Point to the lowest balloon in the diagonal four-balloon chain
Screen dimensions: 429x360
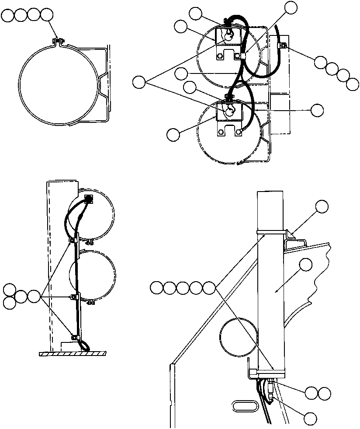point(352,84)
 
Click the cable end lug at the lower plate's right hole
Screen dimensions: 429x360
point(238,131)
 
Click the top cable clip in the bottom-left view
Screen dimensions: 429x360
point(73,240)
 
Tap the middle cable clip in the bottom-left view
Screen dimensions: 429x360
point(73,297)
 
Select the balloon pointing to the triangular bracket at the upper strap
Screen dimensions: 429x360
point(322,206)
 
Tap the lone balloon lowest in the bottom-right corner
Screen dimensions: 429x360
point(311,419)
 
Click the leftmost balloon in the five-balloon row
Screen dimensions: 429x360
point(156,288)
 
